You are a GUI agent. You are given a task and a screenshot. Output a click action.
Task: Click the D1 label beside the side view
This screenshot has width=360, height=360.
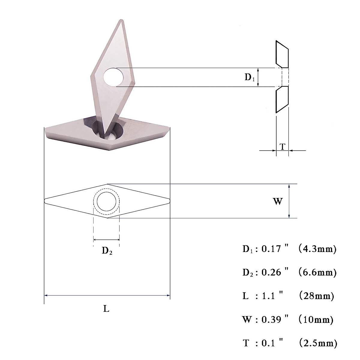tap(250, 77)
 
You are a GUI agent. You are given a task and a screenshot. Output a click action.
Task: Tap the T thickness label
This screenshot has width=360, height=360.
tap(283, 147)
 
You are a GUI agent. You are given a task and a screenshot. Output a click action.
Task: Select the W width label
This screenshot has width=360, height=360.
tap(278, 201)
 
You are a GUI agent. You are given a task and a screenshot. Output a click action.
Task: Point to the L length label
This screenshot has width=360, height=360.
tap(106, 309)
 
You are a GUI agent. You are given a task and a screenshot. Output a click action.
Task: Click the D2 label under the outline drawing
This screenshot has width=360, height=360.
tap(107, 251)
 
